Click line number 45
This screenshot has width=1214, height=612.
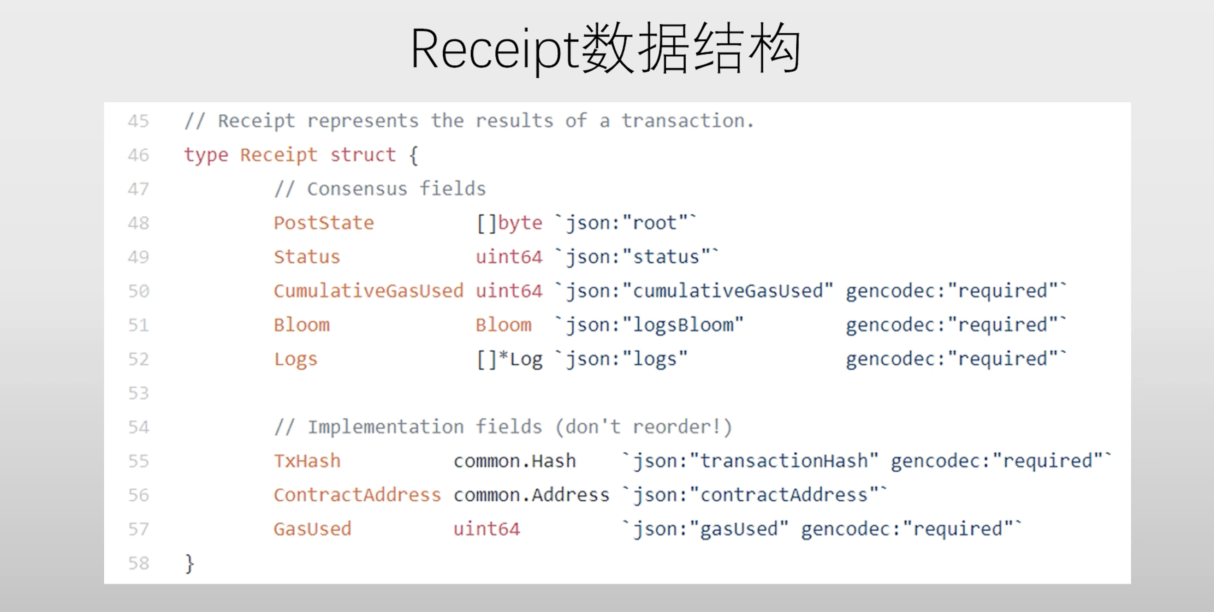pos(138,121)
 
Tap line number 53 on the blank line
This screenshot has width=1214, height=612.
pos(138,393)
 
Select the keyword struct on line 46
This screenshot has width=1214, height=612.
pos(363,155)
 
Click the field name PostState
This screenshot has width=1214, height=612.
pos(324,223)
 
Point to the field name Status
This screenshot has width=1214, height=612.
pos(307,257)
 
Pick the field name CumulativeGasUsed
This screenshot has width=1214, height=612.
pos(369,291)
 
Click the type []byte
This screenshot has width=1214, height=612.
pos(509,223)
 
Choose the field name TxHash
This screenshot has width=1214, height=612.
pos(307,461)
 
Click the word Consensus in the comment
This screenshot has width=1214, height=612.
pos(357,189)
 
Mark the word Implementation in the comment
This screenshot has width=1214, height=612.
pos(386,427)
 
